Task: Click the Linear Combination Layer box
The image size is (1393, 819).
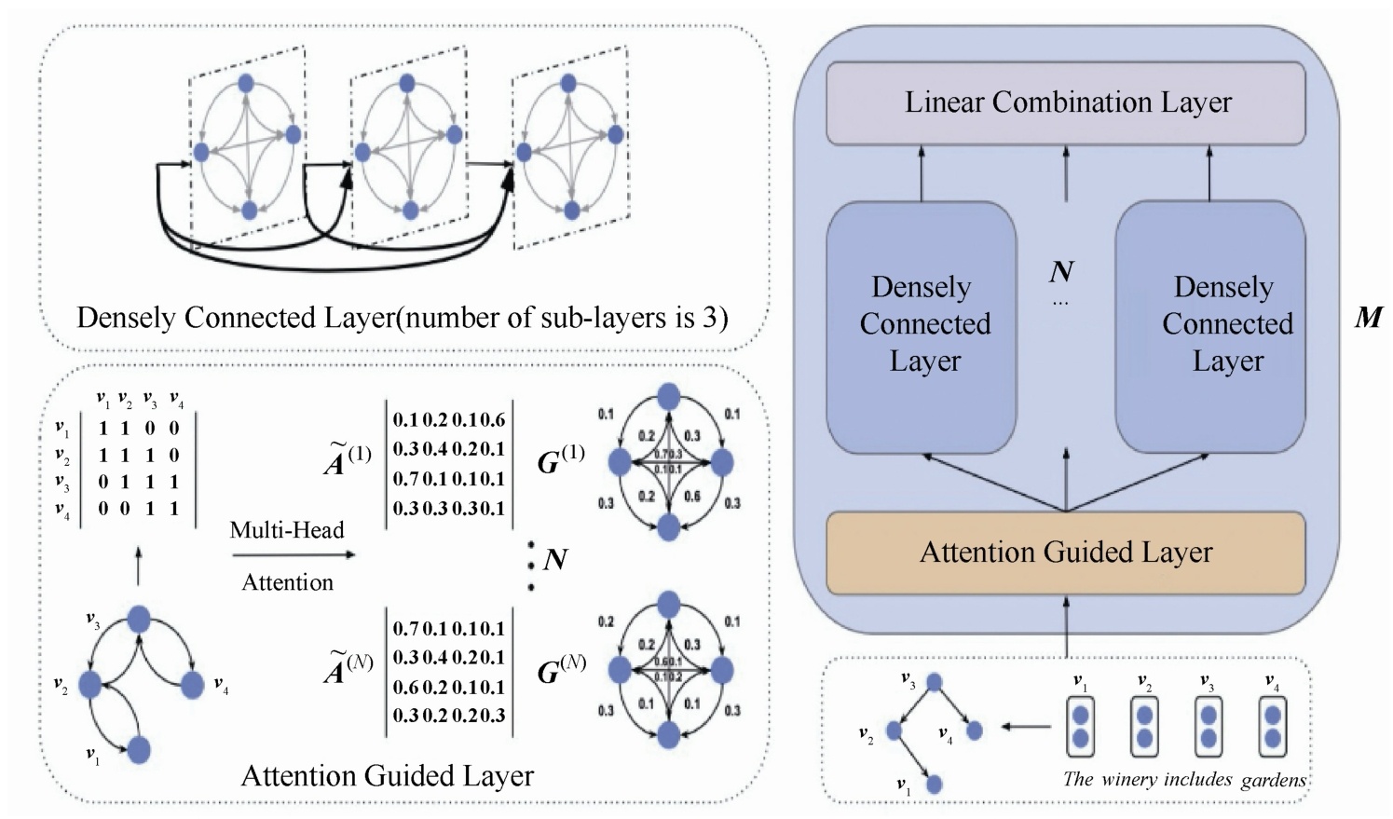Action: (x=1066, y=102)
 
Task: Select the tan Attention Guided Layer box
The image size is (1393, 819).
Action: (x=1066, y=553)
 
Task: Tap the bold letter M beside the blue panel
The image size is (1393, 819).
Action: (x=1368, y=318)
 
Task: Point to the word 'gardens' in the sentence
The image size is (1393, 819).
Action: (x=1273, y=780)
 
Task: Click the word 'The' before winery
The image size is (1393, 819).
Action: (x=1078, y=780)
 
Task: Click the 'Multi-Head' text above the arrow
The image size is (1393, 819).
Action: (x=287, y=530)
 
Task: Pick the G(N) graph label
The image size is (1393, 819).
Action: (x=561, y=668)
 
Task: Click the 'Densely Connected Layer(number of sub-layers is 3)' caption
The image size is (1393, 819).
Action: (x=403, y=318)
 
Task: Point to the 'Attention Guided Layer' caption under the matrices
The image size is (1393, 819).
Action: (x=388, y=775)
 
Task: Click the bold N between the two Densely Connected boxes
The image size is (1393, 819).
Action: (x=1061, y=271)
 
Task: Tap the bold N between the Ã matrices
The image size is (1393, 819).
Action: (x=555, y=559)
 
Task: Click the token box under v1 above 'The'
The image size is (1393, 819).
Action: (x=1080, y=728)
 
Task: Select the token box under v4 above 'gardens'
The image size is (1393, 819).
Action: (x=1272, y=728)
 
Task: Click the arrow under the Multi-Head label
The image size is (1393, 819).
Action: (x=293, y=555)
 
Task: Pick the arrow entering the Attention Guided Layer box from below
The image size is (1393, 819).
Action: (x=1066, y=624)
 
